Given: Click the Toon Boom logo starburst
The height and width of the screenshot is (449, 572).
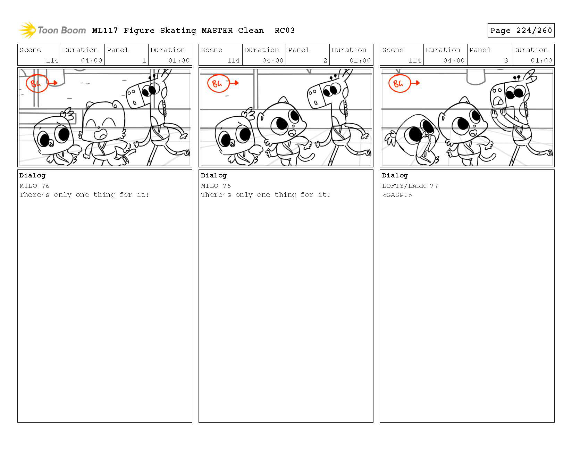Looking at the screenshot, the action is click(27, 30).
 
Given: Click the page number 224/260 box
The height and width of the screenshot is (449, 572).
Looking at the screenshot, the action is click(521, 30).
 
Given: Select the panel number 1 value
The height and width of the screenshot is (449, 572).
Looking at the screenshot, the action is click(144, 60).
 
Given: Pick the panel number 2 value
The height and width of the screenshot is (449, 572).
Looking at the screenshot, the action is click(325, 60).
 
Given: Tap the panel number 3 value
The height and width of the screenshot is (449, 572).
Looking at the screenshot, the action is click(506, 60).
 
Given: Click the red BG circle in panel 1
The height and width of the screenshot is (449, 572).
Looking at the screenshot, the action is click(37, 83).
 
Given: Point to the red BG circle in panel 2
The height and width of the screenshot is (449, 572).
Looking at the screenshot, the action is click(218, 83).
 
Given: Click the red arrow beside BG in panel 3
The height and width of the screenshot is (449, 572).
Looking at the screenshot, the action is click(415, 83).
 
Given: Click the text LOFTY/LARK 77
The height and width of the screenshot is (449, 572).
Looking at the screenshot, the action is click(410, 186).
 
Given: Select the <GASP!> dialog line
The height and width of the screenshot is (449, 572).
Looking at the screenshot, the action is click(397, 195).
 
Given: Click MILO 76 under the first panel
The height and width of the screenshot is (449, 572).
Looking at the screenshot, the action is click(34, 186).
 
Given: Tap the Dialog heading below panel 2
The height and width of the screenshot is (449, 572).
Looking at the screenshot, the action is click(213, 175).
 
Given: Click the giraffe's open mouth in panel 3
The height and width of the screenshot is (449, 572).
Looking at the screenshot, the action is click(498, 101).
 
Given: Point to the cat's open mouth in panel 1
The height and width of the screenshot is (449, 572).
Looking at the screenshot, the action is click(101, 134).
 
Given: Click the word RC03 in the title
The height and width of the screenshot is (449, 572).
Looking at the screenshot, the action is click(284, 31).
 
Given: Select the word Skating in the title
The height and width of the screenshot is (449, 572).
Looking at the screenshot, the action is click(178, 31).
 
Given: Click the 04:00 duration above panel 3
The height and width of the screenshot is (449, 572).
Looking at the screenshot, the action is click(454, 60).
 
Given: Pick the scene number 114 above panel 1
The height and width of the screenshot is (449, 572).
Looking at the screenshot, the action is click(52, 60).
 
